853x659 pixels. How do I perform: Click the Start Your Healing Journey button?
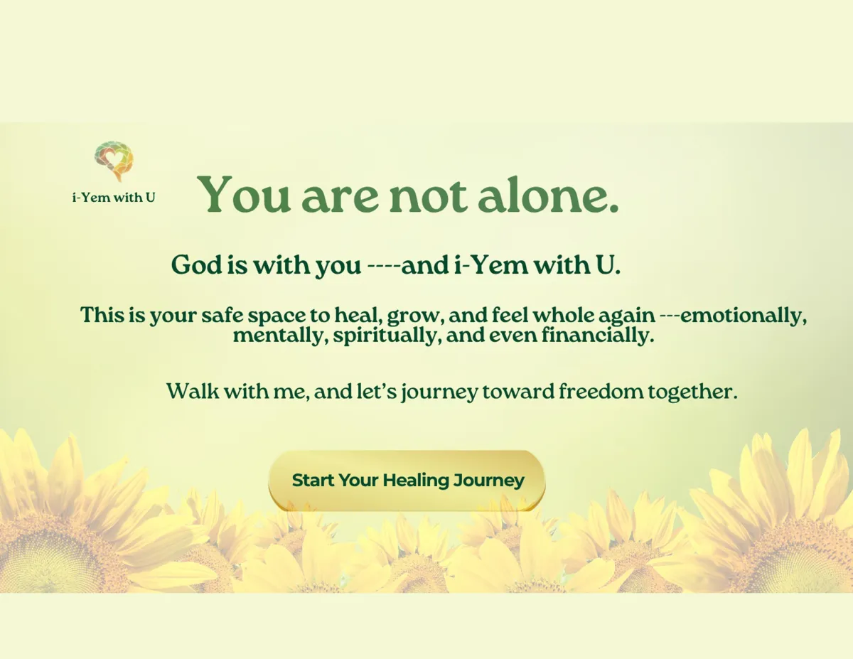(x=407, y=481)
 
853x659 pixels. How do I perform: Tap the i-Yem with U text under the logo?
(x=114, y=198)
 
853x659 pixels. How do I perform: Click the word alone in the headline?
(x=548, y=195)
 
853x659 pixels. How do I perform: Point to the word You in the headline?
(x=243, y=195)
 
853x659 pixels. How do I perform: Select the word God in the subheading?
(x=197, y=264)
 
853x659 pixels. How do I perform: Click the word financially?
(x=598, y=336)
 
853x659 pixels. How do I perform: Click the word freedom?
(x=601, y=391)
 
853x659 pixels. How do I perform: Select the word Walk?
(x=193, y=391)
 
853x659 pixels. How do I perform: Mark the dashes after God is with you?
(x=384, y=266)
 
